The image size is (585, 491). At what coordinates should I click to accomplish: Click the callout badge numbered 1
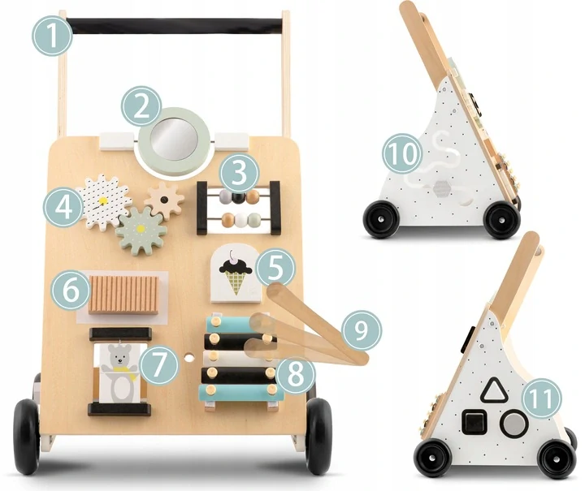[53, 37]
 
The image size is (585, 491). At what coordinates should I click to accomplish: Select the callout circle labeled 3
[239, 174]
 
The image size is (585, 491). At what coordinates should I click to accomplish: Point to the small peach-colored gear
[164, 201]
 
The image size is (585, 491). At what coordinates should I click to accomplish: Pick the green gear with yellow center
[141, 230]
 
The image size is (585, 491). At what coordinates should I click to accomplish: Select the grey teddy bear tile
[119, 373]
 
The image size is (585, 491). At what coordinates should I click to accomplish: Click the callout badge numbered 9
[361, 330]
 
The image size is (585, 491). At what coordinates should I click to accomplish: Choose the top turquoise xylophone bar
[234, 322]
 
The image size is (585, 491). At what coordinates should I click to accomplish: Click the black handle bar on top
[175, 25]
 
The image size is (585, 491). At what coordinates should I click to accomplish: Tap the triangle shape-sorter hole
[493, 390]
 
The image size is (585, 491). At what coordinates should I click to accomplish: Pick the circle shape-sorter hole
[514, 423]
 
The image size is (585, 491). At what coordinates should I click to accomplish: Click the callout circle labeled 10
[402, 153]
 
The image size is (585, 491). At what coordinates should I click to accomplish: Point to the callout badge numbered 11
[542, 398]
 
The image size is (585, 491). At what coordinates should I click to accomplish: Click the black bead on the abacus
[237, 196]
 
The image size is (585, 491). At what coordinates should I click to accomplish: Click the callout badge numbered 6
[71, 291]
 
